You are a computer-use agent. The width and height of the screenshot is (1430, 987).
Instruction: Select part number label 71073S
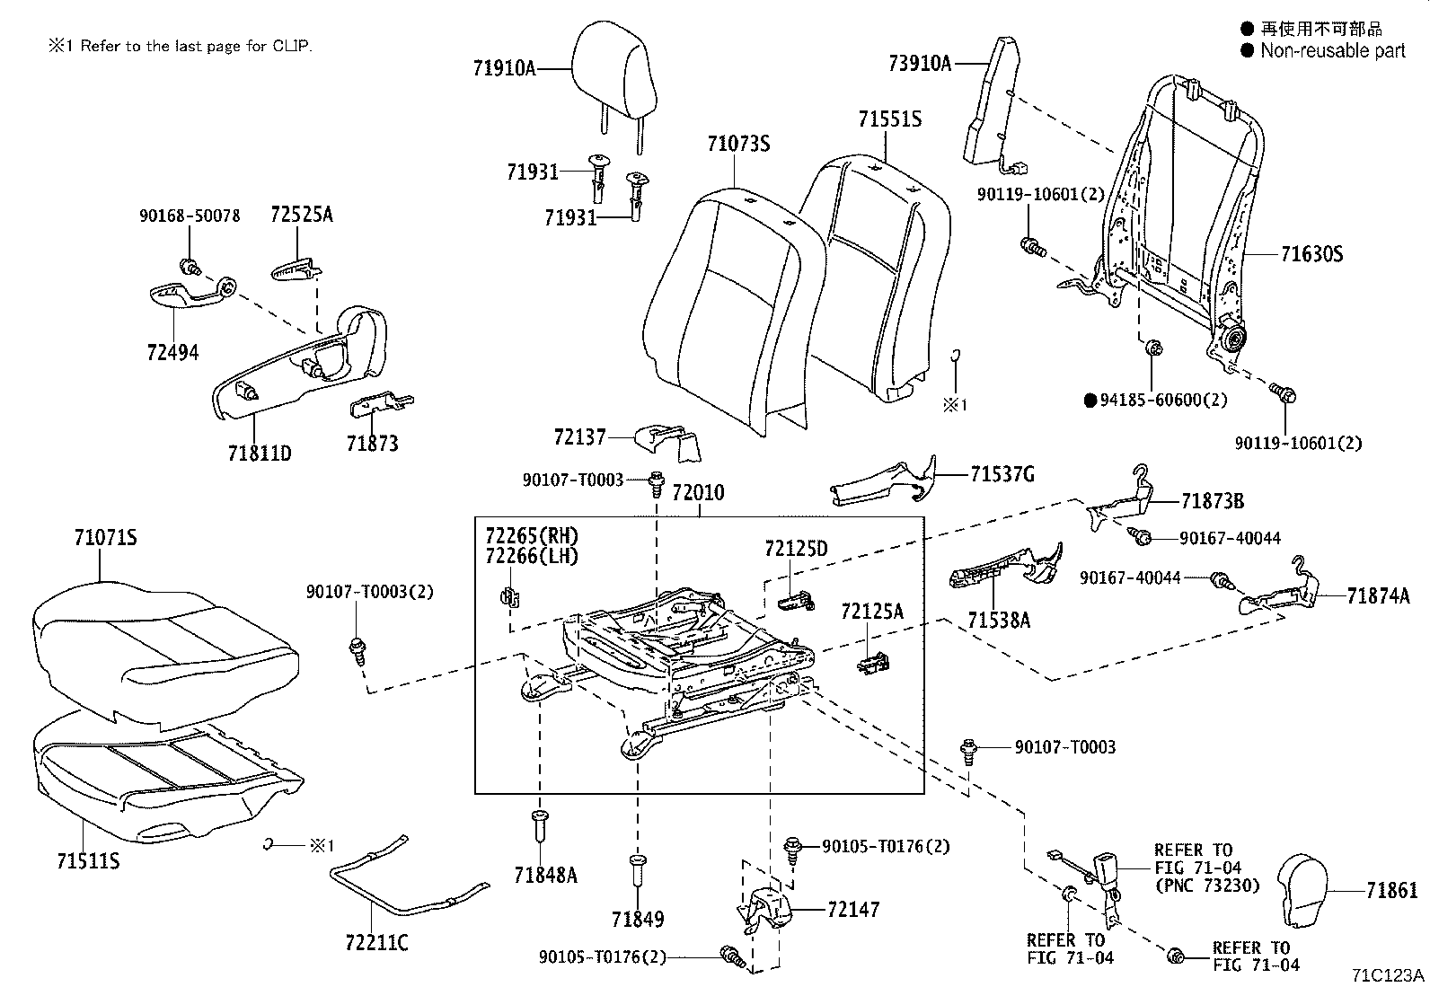[x=738, y=144]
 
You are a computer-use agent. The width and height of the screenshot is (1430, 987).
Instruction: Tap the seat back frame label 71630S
[x=1311, y=254]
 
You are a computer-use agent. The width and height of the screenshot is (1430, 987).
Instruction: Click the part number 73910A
[x=919, y=63]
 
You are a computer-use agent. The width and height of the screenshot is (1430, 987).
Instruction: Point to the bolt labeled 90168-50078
[x=190, y=267]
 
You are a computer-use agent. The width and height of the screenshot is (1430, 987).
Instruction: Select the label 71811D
[x=259, y=453]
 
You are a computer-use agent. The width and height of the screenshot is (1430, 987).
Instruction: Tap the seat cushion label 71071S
[x=105, y=538]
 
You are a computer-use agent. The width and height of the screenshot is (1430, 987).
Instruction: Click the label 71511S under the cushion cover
[x=89, y=861]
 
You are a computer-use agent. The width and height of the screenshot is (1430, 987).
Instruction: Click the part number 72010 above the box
[x=698, y=493]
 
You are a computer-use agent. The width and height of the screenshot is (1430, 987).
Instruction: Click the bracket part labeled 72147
[x=762, y=909]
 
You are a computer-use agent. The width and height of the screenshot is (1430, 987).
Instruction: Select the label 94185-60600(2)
[x=1163, y=400]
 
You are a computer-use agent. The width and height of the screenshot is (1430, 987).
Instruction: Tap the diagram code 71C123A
[x=1389, y=974]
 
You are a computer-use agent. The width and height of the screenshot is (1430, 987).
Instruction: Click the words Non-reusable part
[x=1332, y=51]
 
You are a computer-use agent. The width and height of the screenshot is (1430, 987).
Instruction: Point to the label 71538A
[x=999, y=619]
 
